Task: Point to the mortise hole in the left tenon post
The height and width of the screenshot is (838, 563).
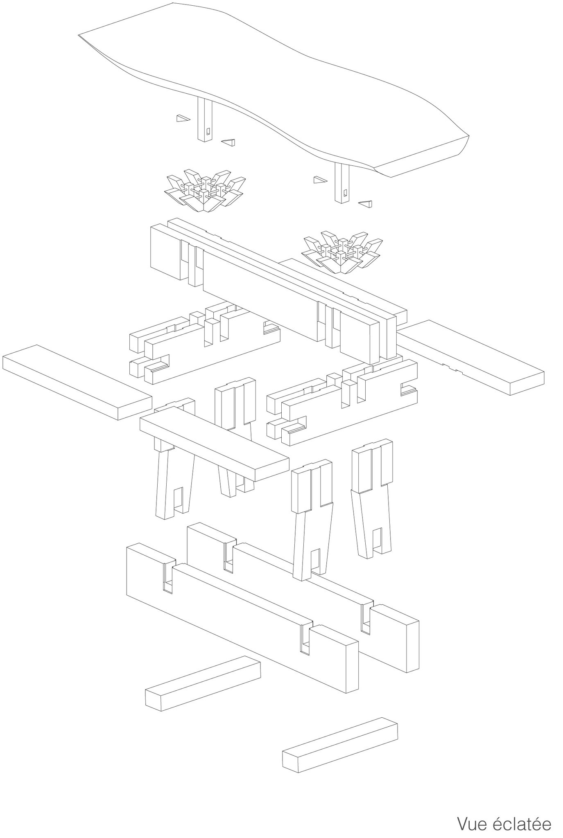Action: point(208,131)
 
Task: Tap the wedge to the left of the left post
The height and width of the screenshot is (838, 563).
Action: point(183,119)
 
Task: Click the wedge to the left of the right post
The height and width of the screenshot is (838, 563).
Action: point(320,180)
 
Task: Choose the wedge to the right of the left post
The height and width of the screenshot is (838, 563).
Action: point(228,142)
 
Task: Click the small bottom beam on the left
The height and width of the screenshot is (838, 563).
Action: point(202,683)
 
